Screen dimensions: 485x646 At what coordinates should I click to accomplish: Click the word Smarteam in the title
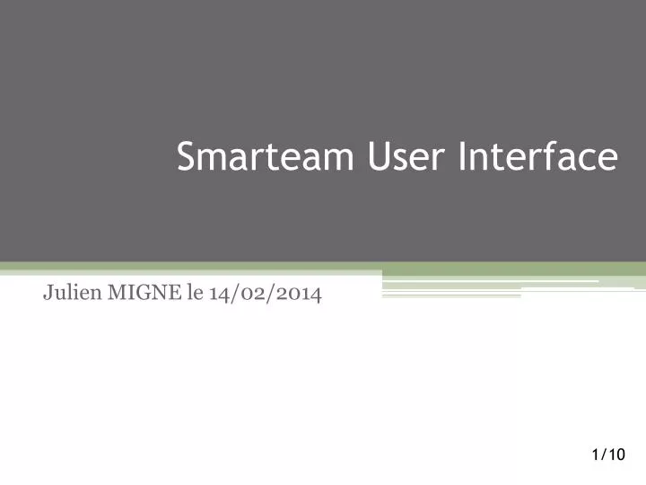point(266,157)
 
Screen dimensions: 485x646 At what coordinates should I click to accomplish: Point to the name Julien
point(69,293)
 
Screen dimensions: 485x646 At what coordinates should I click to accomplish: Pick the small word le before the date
point(194,293)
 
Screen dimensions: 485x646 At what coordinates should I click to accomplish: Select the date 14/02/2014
point(265,294)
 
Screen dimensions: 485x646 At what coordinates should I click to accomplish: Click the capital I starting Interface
point(462,157)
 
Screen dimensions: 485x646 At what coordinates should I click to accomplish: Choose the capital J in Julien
point(48,294)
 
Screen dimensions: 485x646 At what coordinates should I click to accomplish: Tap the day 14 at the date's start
point(219,294)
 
